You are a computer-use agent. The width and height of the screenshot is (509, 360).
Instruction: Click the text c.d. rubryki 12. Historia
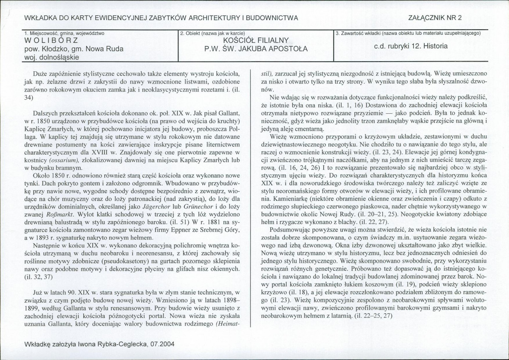click(410, 46)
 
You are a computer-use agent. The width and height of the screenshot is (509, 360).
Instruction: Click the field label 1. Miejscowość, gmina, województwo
click(65, 33)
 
